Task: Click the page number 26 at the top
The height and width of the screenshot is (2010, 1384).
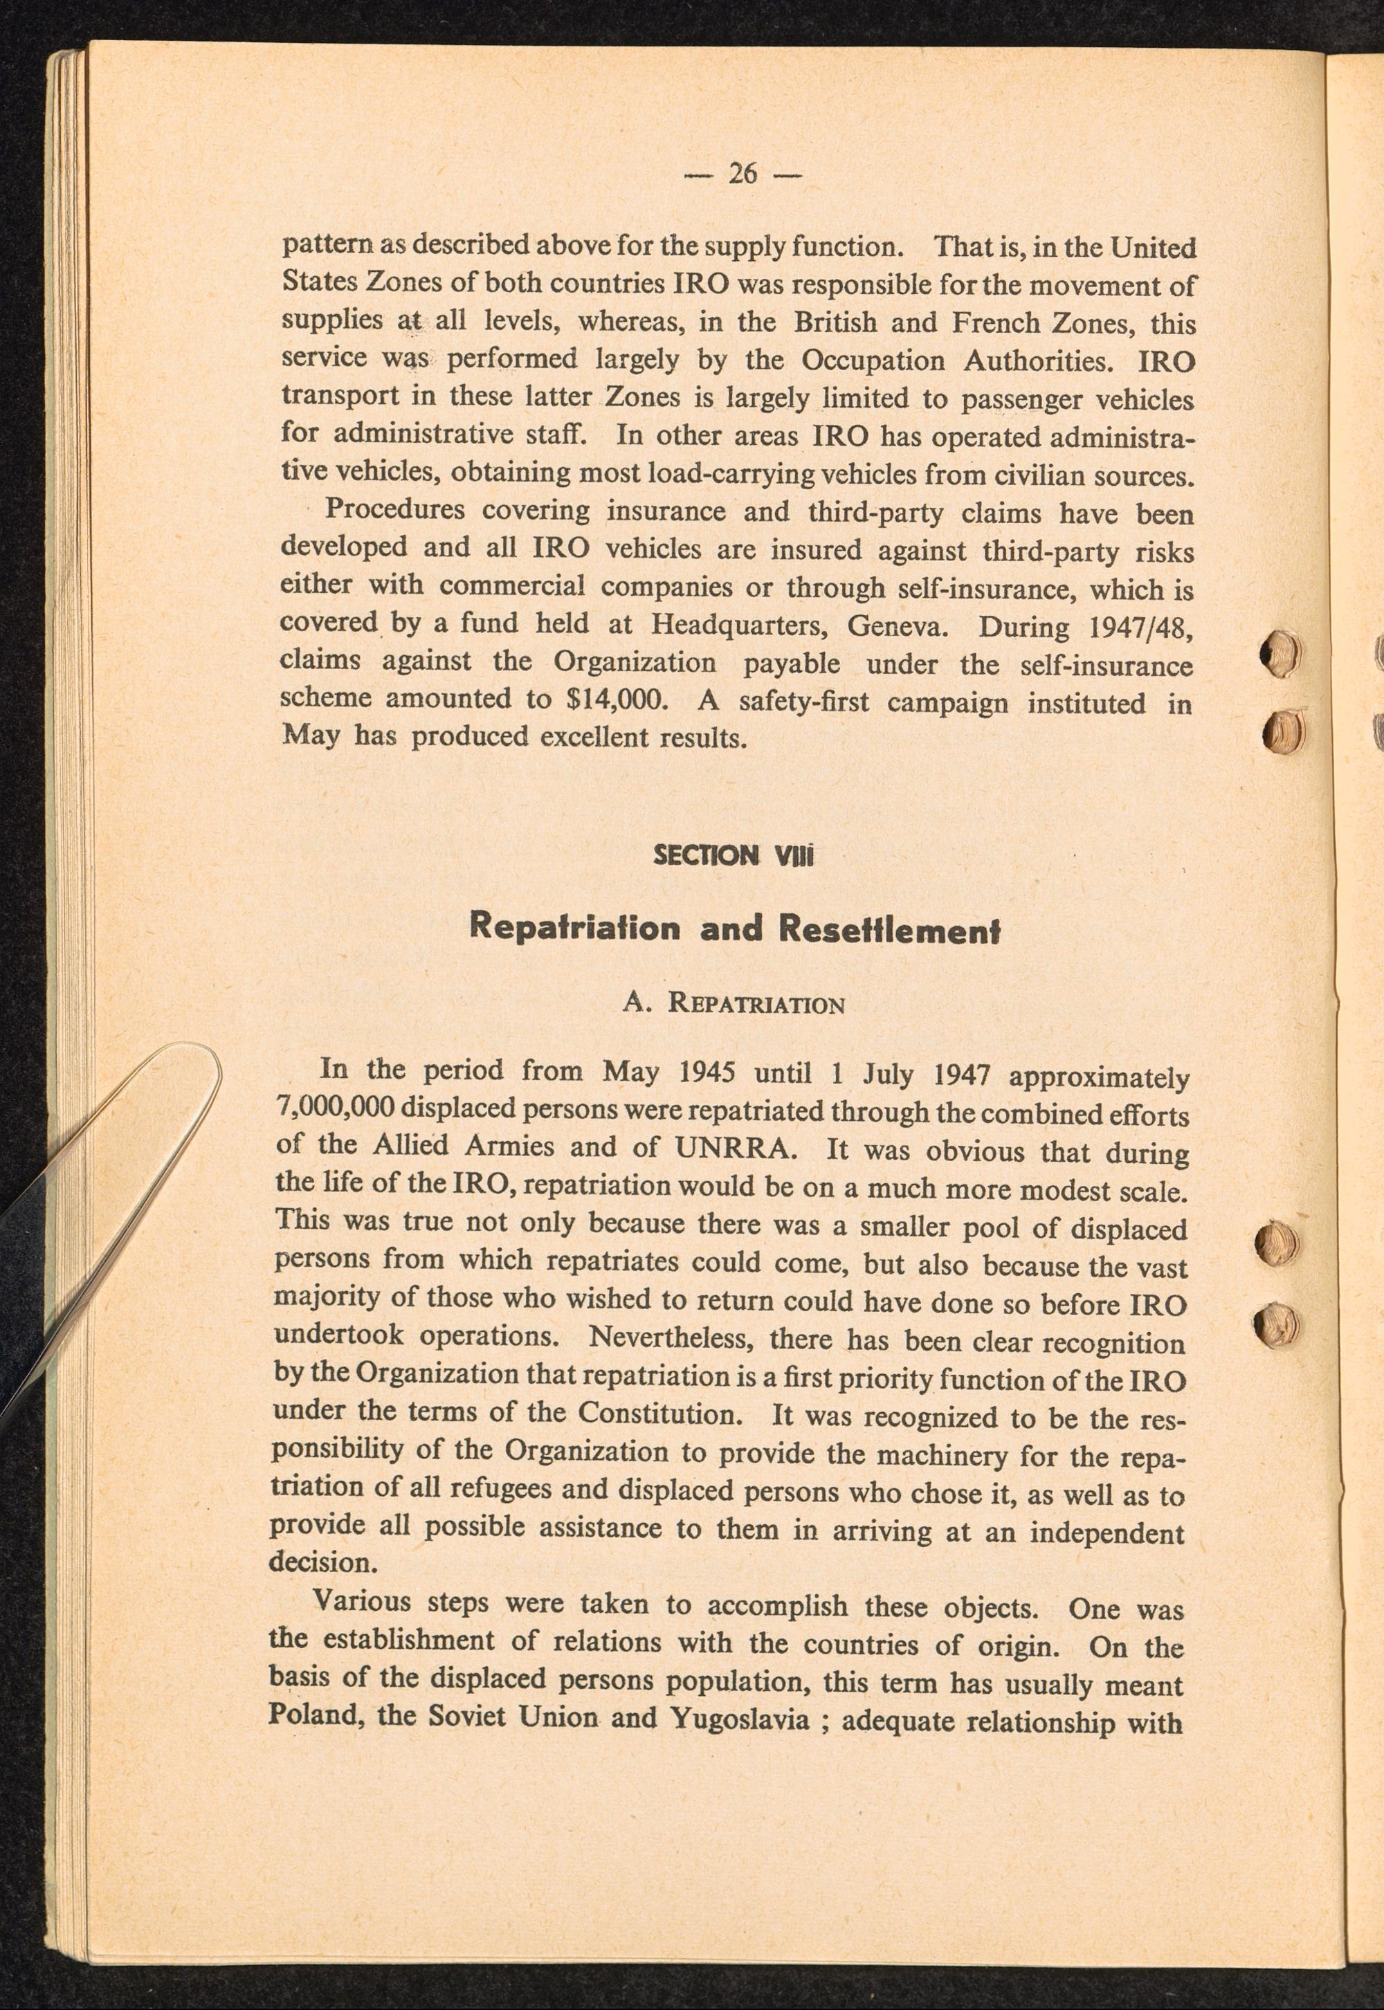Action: (x=743, y=174)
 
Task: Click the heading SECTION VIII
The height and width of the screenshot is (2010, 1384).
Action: (x=733, y=856)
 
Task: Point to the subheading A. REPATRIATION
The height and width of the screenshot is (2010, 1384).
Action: (x=734, y=1004)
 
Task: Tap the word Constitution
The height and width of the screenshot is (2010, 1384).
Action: (x=660, y=1414)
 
